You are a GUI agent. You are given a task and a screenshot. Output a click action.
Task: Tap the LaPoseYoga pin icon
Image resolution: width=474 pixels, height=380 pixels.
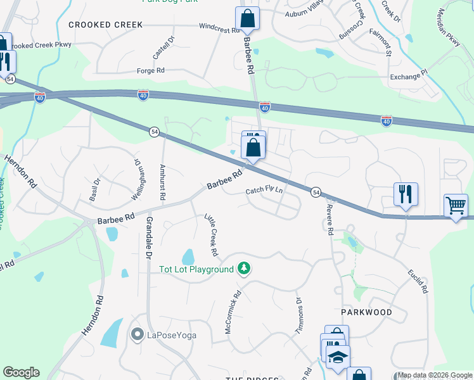[136, 334]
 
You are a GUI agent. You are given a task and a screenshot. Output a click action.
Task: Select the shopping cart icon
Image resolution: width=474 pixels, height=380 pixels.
[456, 206]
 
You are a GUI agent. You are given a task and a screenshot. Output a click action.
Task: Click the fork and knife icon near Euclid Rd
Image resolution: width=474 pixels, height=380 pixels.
[406, 194]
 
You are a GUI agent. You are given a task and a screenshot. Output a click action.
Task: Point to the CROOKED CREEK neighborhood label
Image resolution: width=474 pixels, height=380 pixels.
[106, 25]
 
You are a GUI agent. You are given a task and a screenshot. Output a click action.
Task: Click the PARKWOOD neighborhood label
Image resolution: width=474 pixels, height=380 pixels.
[367, 312]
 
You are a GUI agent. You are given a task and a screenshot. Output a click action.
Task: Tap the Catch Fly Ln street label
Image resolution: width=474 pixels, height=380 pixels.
[264, 190]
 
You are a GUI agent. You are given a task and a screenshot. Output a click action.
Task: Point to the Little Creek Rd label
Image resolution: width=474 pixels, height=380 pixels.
[211, 235]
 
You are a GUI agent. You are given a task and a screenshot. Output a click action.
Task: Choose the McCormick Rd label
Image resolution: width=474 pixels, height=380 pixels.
[233, 312]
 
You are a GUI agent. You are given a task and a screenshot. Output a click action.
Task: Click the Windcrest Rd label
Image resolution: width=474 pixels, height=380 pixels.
[219, 29]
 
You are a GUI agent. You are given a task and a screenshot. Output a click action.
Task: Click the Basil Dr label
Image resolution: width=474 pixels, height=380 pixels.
[95, 189]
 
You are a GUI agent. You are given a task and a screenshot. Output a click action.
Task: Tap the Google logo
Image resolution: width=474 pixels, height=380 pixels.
[21, 372]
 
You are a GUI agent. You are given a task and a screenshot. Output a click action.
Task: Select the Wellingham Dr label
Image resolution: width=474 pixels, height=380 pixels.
[135, 179]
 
